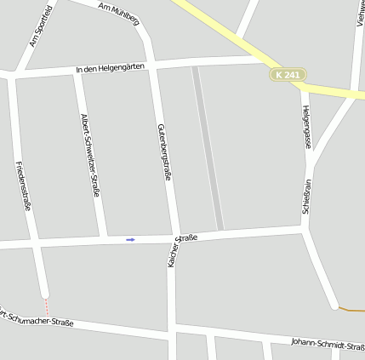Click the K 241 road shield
288,75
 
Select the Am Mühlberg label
119,13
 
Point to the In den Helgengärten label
110,67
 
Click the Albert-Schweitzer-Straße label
90,154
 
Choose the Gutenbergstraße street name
165,151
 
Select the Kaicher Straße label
182,250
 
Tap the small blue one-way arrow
130,239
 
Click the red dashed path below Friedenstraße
47,306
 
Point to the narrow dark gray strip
208,149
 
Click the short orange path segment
351,308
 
